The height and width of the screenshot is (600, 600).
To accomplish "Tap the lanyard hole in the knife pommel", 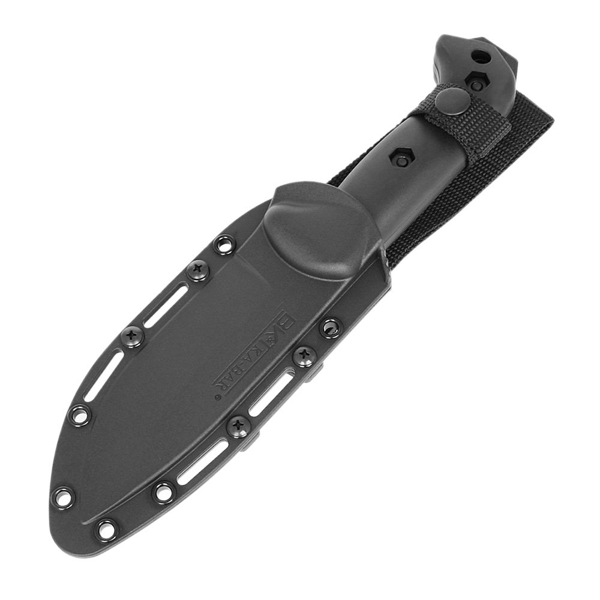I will [480, 57].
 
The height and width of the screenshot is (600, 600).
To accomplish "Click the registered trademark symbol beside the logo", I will [217, 397].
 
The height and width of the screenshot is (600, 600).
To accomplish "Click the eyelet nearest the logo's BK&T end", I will [329, 327].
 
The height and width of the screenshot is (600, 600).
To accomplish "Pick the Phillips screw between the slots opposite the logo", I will [133, 336].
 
